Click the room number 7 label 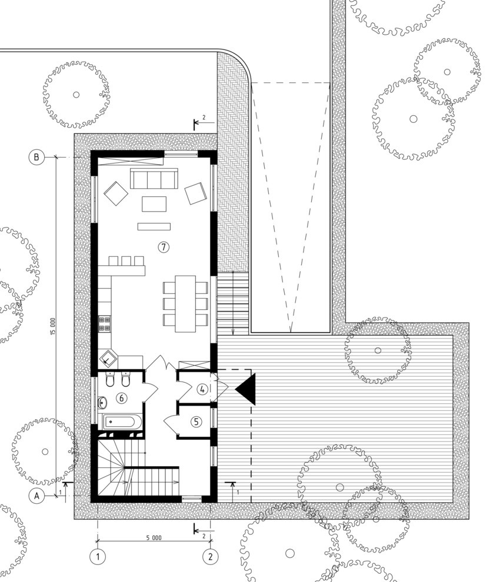point(164,246)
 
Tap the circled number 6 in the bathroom point(121,398)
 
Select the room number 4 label point(202,389)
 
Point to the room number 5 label point(196,422)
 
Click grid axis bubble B point(36,157)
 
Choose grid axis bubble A point(36,496)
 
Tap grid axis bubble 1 point(98,556)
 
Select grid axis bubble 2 point(211,556)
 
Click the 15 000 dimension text point(53,327)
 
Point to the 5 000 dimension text point(154,537)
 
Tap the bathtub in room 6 point(122,422)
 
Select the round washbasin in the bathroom point(102,402)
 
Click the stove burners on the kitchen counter point(104,323)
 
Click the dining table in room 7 point(185,303)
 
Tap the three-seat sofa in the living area point(154,179)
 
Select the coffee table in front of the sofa point(154,204)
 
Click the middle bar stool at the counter point(126,260)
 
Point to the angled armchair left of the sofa point(116,193)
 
